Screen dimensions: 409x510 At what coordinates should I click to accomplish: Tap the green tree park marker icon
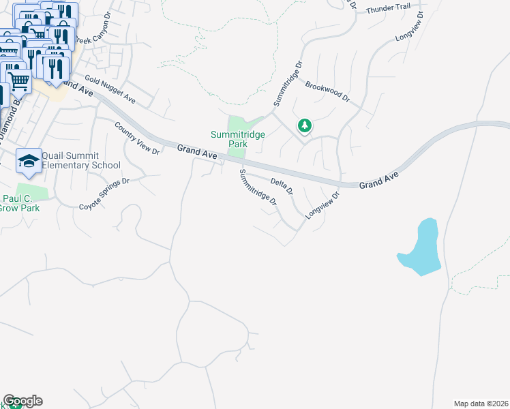tap(305, 125)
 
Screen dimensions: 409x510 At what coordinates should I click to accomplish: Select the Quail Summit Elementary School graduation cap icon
tap(29, 161)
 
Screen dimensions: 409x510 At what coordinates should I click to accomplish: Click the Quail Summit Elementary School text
tap(80, 161)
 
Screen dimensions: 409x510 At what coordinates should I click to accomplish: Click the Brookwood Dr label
tap(327, 92)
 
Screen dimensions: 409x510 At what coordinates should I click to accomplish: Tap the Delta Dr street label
tap(281, 184)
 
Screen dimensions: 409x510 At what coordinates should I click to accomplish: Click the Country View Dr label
tap(137, 138)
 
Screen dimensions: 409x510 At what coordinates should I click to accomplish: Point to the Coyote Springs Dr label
tap(104, 194)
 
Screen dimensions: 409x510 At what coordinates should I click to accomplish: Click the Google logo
tap(22, 401)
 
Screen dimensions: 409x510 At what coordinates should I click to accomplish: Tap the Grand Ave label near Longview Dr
tap(378, 180)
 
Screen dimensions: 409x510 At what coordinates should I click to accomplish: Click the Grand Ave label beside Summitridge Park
tap(197, 153)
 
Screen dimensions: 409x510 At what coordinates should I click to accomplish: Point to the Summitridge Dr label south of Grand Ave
tap(258, 188)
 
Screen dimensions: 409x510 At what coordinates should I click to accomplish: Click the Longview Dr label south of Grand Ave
tap(322, 204)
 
